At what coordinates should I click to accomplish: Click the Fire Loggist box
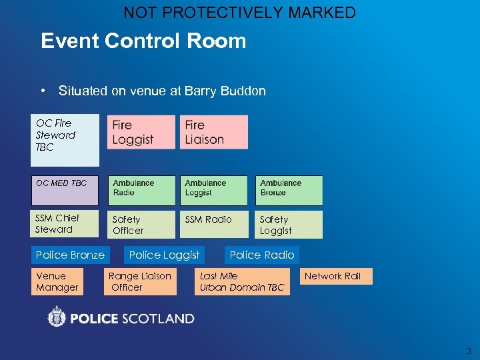141,132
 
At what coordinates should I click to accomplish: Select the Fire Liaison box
213,132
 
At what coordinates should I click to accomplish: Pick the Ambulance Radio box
141,191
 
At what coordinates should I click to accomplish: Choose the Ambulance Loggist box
213,191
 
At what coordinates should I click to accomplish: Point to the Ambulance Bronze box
289,191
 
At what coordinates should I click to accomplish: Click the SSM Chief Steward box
65,224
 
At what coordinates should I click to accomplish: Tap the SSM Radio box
213,225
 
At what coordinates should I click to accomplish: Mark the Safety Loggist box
289,225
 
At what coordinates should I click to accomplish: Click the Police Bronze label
70,255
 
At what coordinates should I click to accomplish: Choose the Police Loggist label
164,255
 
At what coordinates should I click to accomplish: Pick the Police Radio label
262,255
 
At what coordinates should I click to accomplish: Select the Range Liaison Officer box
141,281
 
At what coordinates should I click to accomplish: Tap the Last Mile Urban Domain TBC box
243,281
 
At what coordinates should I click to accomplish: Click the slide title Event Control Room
143,41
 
